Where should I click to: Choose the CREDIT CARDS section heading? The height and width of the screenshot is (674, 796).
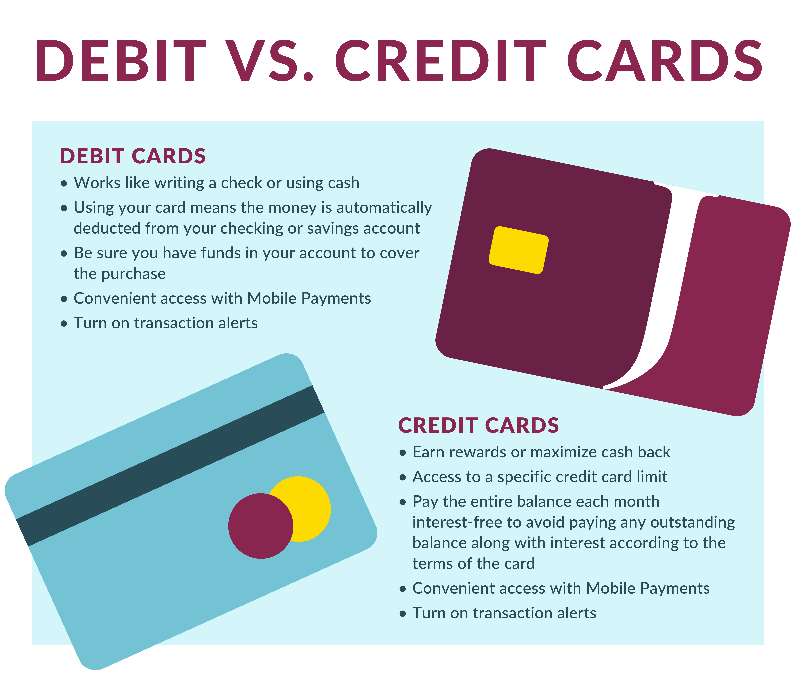point(478,426)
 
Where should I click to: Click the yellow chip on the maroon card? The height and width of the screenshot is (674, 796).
point(518,250)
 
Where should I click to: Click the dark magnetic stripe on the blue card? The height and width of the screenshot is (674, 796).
point(170,466)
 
